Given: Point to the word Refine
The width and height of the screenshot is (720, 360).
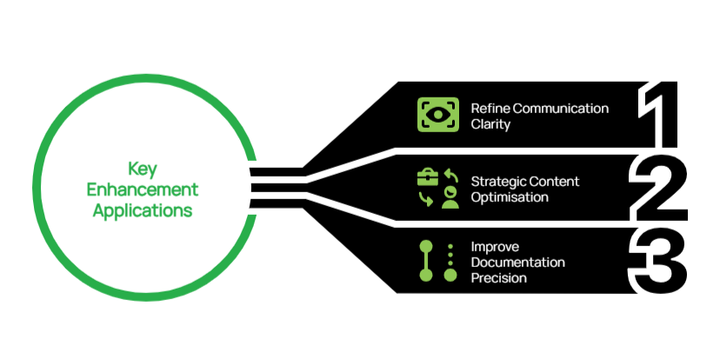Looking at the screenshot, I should pyautogui.click(x=489, y=109).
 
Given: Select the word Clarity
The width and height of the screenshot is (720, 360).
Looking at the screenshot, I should pyautogui.click(x=490, y=124).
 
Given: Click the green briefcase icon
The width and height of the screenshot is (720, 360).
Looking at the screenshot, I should pyautogui.click(x=428, y=179).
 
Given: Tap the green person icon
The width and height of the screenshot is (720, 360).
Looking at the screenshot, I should pyautogui.click(x=450, y=197).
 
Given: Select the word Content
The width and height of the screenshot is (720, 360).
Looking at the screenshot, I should pyautogui.click(x=555, y=182).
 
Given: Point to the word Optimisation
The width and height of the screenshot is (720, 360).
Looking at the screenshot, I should pyautogui.click(x=510, y=197).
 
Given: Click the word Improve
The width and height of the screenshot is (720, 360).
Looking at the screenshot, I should pyautogui.click(x=493, y=246).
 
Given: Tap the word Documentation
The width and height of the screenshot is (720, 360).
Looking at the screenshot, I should pyautogui.click(x=518, y=262).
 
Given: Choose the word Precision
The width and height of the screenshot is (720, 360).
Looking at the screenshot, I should pyautogui.click(x=498, y=277).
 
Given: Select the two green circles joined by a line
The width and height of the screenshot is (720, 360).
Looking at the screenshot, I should pyautogui.click(x=426, y=262).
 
